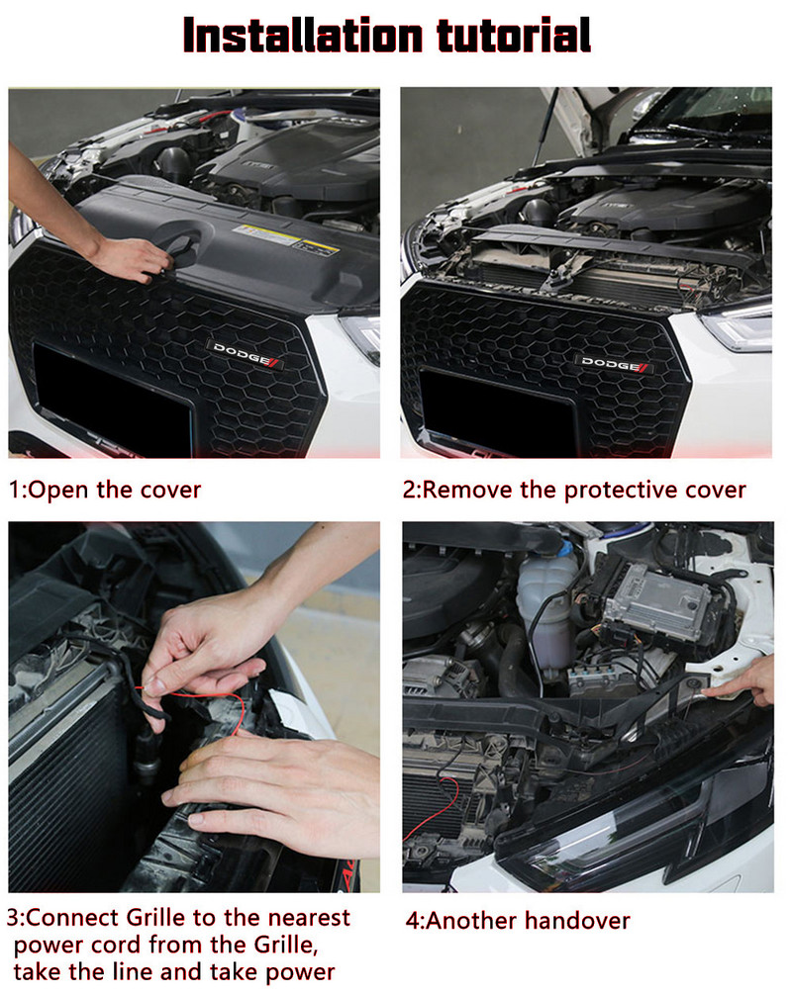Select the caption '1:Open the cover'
[x=105, y=490]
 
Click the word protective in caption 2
[x=605, y=490]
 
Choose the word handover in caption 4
[x=577, y=921]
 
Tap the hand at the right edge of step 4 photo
[x=752, y=682]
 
